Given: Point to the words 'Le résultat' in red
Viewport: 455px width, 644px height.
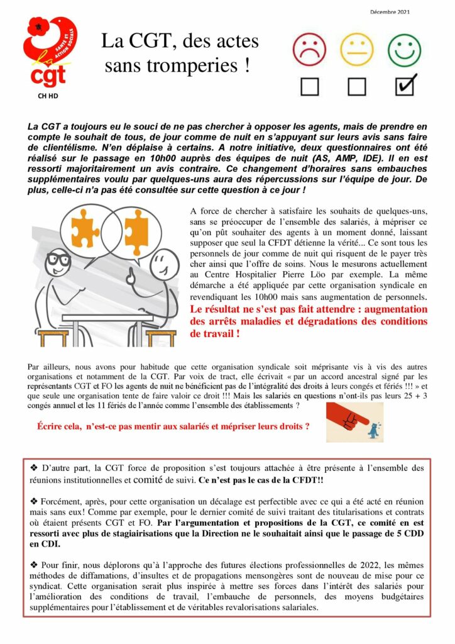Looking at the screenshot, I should click(216, 309).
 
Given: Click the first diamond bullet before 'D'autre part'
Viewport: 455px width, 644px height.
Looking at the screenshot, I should click(34, 468).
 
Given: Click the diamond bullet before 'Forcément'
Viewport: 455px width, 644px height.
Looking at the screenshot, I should click(34, 501).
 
